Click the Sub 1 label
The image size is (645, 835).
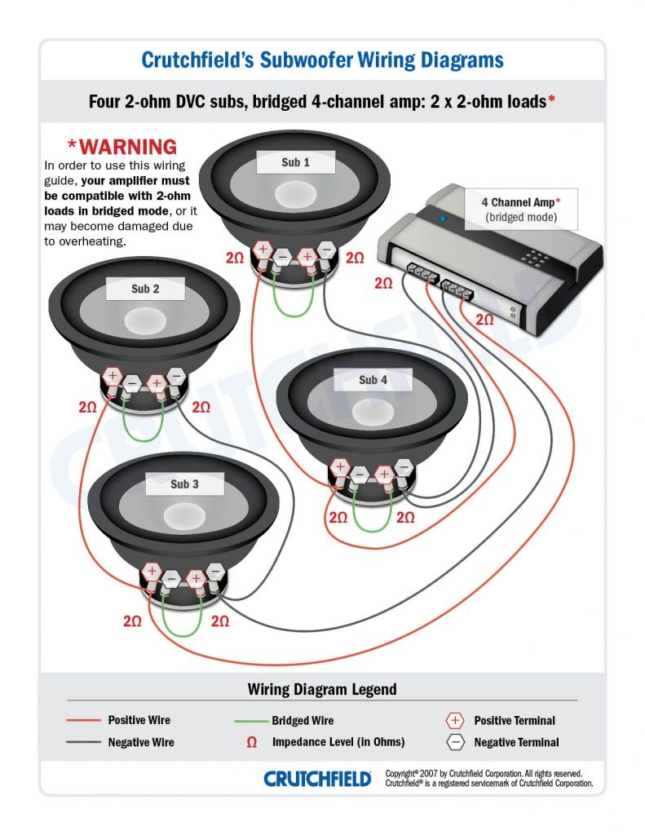295,162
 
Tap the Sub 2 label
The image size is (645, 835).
145,289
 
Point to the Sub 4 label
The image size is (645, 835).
373,380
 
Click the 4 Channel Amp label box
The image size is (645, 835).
521,209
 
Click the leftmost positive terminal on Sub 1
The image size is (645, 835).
263,250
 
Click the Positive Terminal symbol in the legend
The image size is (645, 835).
455,720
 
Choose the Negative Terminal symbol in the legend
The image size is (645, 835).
455,742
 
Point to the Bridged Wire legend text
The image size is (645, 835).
303,720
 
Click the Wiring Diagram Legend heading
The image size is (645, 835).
322,689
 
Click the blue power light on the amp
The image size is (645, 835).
442,219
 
